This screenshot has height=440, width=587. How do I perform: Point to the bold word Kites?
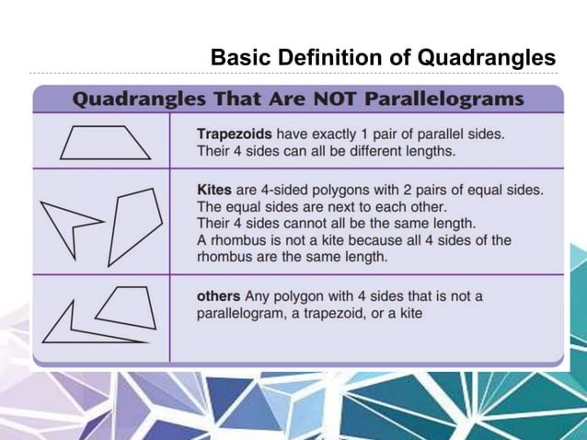click(214, 190)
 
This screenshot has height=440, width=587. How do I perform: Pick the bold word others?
click(219, 296)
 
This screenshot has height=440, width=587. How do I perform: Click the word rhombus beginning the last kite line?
click(224, 257)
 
